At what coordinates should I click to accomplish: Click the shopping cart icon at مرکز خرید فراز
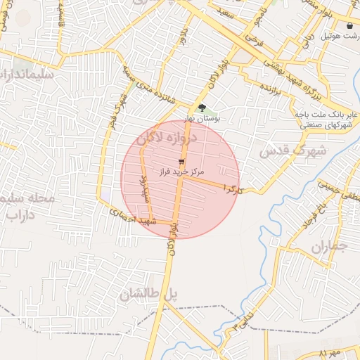click(x=182, y=161)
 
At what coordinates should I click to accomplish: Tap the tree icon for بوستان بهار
click(x=202, y=108)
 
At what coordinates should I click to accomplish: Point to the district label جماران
click(x=328, y=247)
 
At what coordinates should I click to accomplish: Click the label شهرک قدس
click(x=293, y=150)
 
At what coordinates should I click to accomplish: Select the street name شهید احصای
click(x=134, y=216)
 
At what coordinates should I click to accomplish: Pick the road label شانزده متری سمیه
click(x=155, y=88)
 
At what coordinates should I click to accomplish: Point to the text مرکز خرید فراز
click(x=182, y=172)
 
